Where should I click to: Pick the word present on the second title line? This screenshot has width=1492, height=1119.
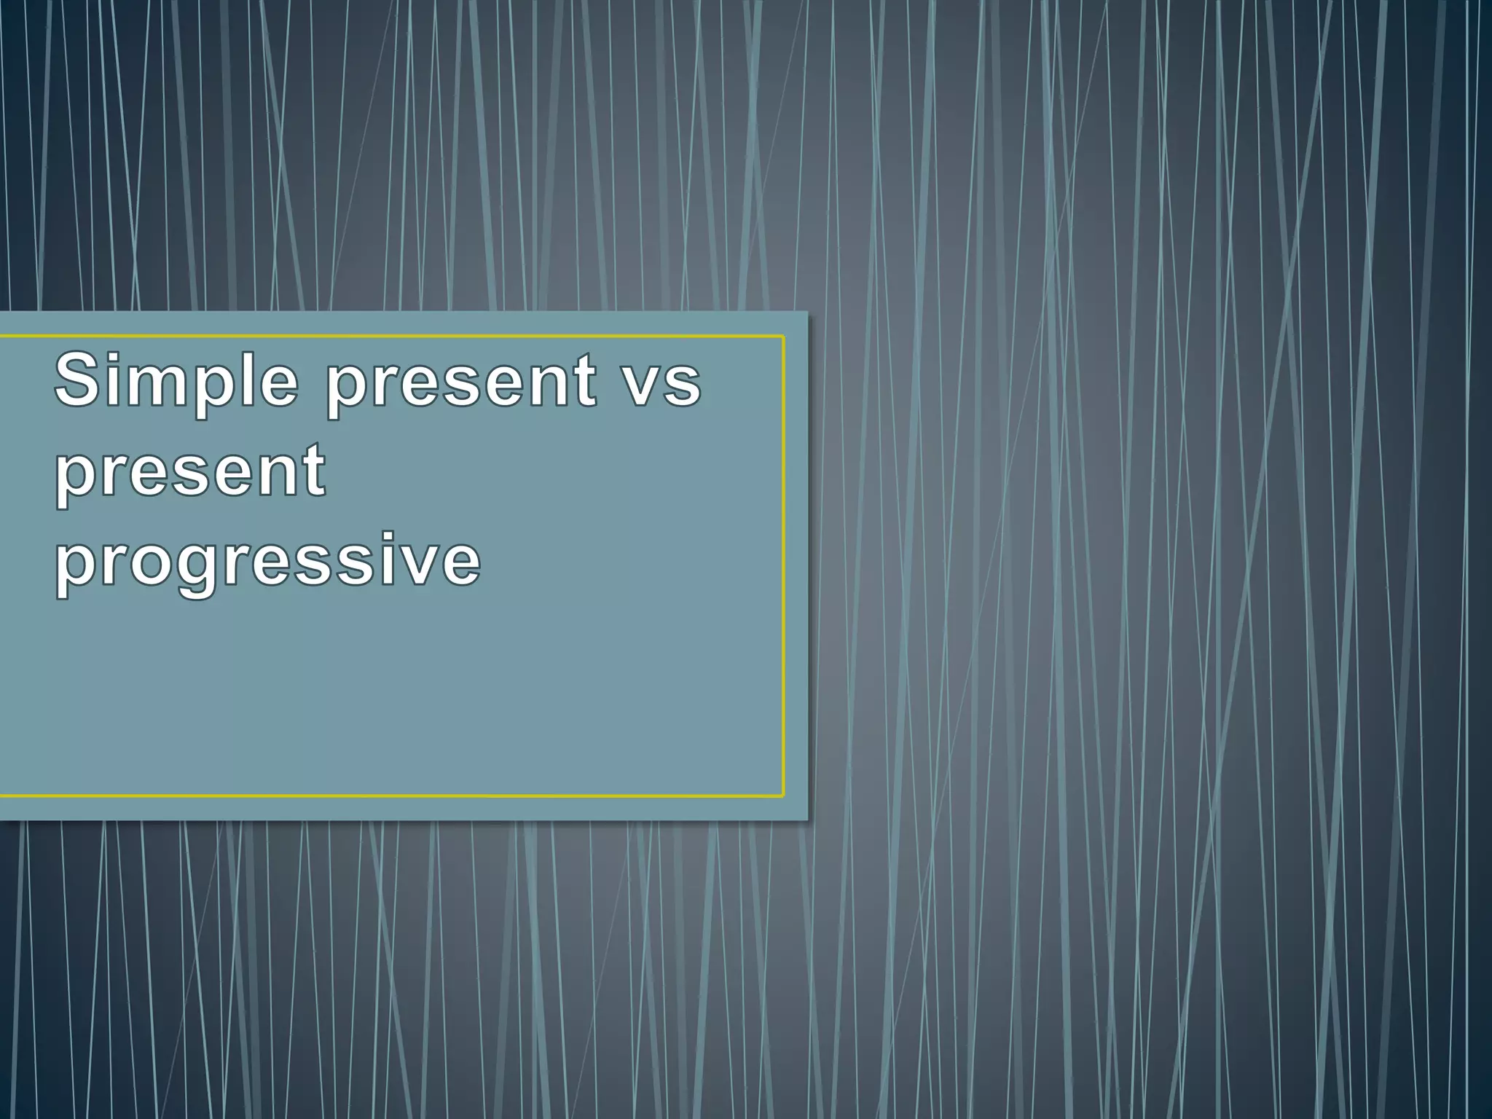coord(191,474)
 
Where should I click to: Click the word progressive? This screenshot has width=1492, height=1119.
coord(268,563)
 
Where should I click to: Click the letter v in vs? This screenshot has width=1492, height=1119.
coord(643,386)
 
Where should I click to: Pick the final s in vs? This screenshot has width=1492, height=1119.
coord(684,386)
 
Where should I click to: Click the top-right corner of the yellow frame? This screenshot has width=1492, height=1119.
coord(783,337)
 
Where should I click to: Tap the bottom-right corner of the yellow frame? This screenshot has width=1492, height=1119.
coord(783,796)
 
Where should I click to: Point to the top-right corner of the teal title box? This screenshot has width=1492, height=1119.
coord(807,313)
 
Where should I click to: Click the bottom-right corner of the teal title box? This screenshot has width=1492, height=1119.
coord(807,820)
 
